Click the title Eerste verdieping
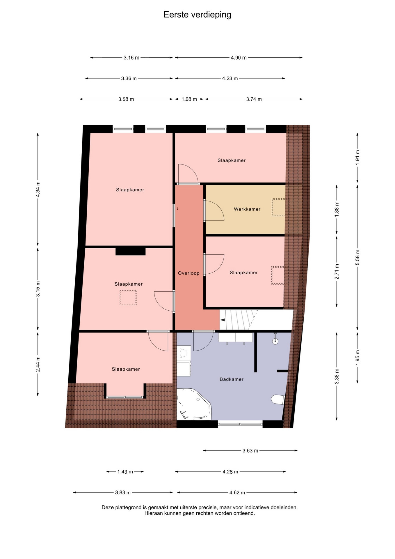pyautogui.click(x=197, y=15)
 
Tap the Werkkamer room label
pyautogui.click(x=247, y=209)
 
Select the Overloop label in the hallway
pyautogui.click(x=189, y=273)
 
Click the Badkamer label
pyautogui.click(x=232, y=379)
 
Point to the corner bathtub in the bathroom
pyautogui.click(x=193, y=404)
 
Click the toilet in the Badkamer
pyautogui.click(x=278, y=399)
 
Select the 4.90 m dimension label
pyautogui.click(x=239, y=58)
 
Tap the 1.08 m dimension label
pyautogui.click(x=189, y=99)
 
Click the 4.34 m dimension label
pyautogui.click(x=38, y=189)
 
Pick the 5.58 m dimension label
pyautogui.click(x=357, y=257)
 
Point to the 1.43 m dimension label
pyautogui.click(x=125, y=472)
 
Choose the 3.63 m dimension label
pyautogui.click(x=250, y=451)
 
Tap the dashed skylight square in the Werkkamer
pyautogui.click(x=278, y=207)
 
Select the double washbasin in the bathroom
pyautogui.click(x=236, y=338)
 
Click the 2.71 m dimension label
pyautogui.click(x=337, y=271)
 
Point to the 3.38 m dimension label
pyautogui.click(x=337, y=376)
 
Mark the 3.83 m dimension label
pyautogui.click(x=123, y=493)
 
